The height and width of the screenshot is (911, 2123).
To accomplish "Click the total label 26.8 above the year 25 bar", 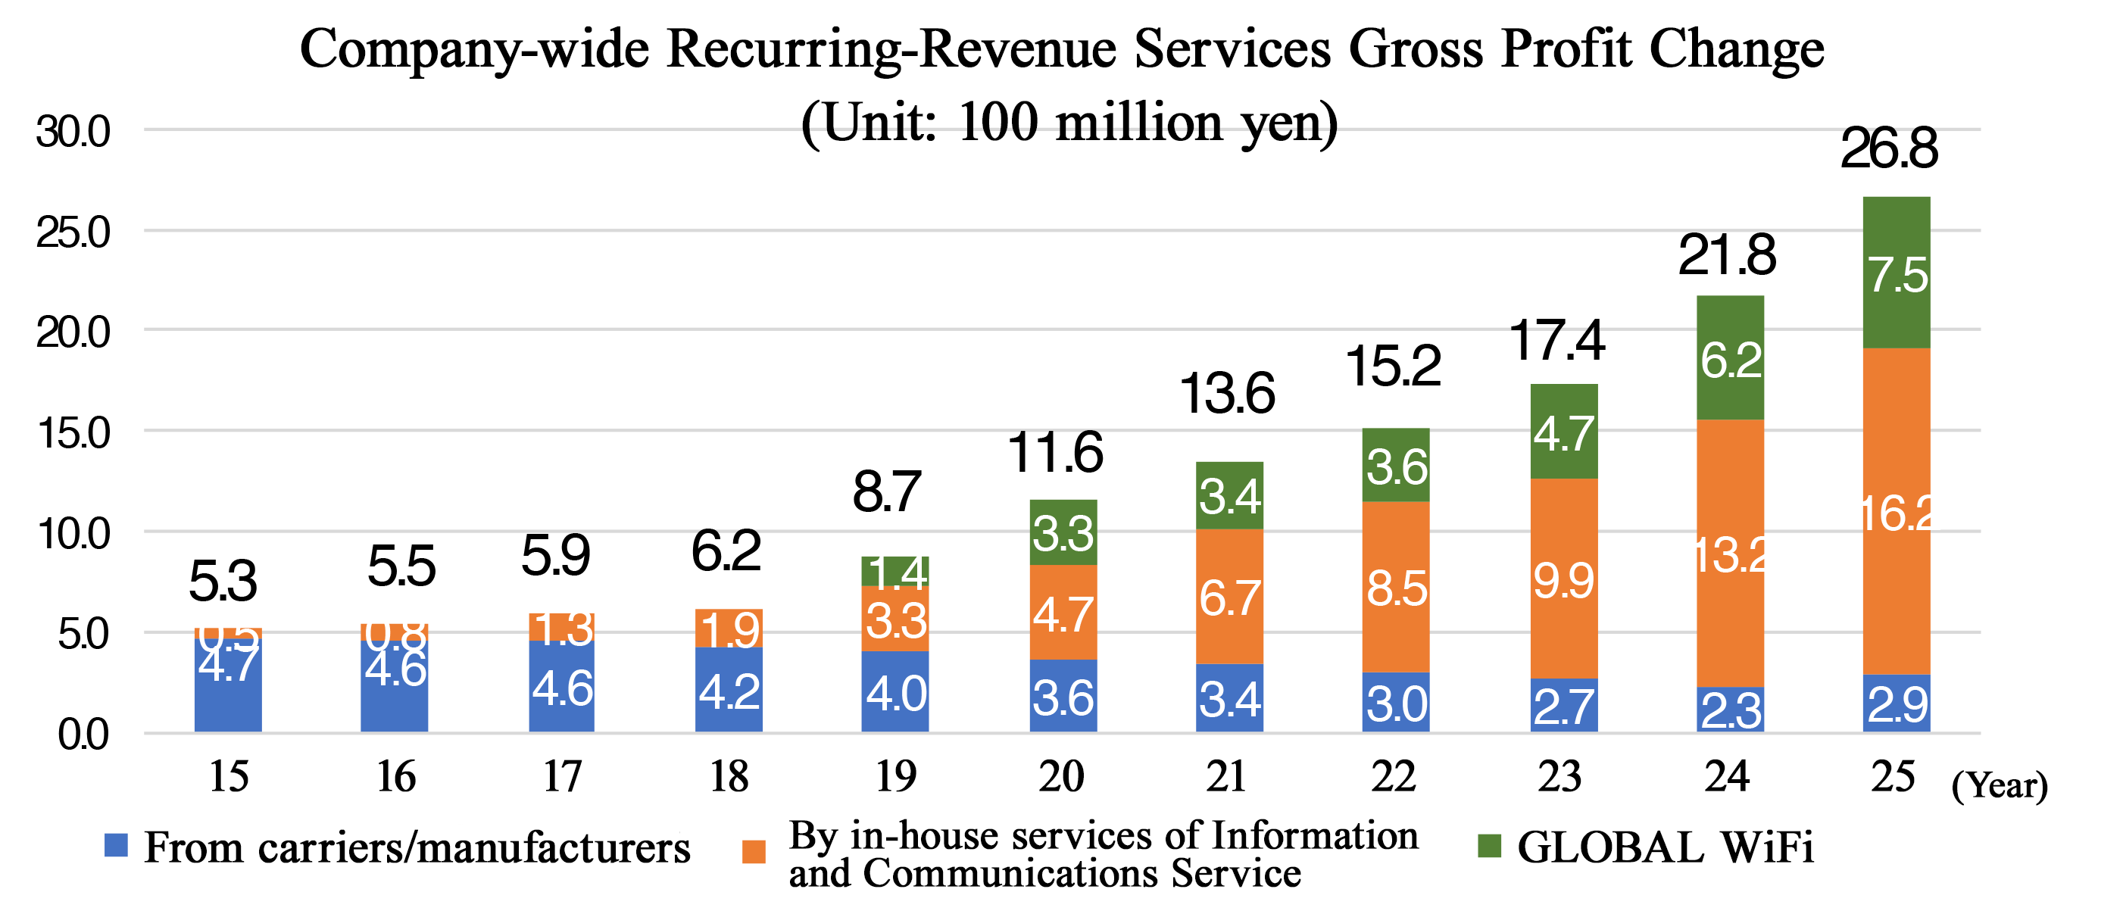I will pos(1889,148).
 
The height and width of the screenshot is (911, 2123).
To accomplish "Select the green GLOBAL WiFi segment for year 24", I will pos(1730,357).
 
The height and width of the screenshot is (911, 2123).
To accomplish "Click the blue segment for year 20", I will pos(1063,696).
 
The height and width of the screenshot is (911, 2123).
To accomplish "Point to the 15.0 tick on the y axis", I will pos(73,432).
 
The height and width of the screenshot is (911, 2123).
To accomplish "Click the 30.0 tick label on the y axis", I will pos(73,132).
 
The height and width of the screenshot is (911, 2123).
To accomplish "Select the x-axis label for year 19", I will pos(896,776).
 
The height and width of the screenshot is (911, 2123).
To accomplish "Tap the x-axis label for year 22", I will pos(1394,776).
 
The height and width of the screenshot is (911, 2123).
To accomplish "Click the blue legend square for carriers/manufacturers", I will pos(116,845).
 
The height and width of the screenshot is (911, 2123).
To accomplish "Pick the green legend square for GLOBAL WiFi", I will pos(1489,845).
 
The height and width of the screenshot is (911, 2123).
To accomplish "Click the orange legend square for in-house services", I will pos(754,852).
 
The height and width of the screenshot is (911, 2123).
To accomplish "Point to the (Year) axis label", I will pos(1999,785).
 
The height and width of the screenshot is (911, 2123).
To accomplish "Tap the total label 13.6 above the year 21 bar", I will pos(1227,393).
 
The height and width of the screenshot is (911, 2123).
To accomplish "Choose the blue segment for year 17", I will pos(562,686).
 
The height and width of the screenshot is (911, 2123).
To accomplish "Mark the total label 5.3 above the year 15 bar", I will pos(223,581).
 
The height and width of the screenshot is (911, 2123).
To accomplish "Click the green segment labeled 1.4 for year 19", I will pos(896,571).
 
